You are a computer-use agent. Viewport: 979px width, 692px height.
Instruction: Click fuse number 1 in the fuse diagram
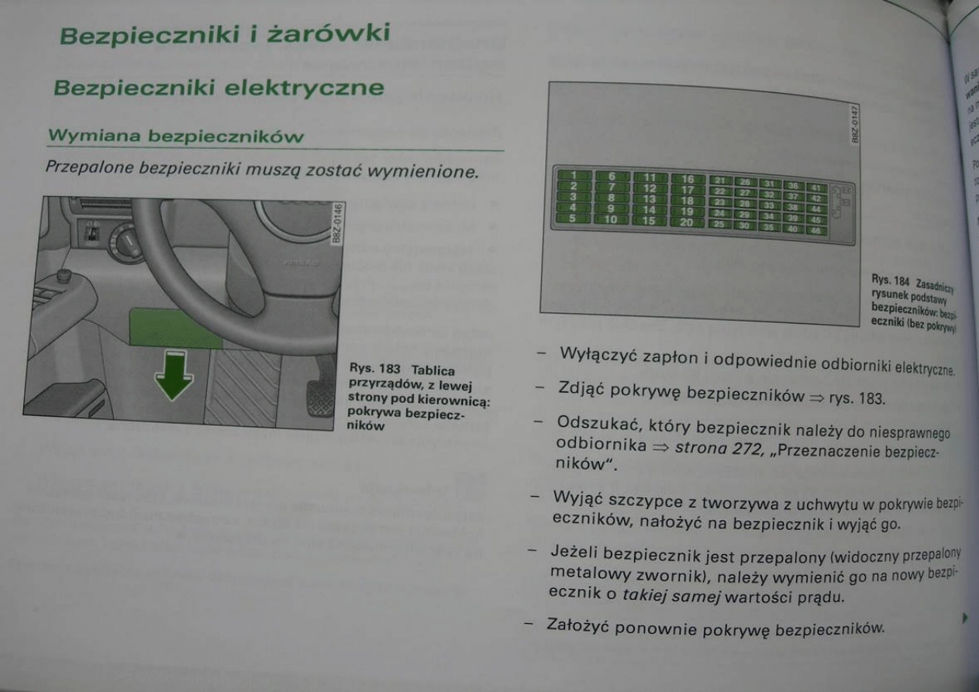point(574,176)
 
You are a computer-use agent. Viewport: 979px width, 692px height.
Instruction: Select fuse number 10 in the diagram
point(610,219)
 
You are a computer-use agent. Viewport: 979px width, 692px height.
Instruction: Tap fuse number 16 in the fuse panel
point(687,180)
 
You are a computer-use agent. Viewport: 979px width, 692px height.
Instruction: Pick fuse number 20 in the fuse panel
point(687,222)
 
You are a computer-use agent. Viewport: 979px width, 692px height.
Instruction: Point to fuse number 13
point(649,199)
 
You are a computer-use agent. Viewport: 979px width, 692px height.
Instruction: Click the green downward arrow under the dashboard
point(174,375)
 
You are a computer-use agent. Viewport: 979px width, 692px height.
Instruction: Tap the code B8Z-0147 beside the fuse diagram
point(855,124)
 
